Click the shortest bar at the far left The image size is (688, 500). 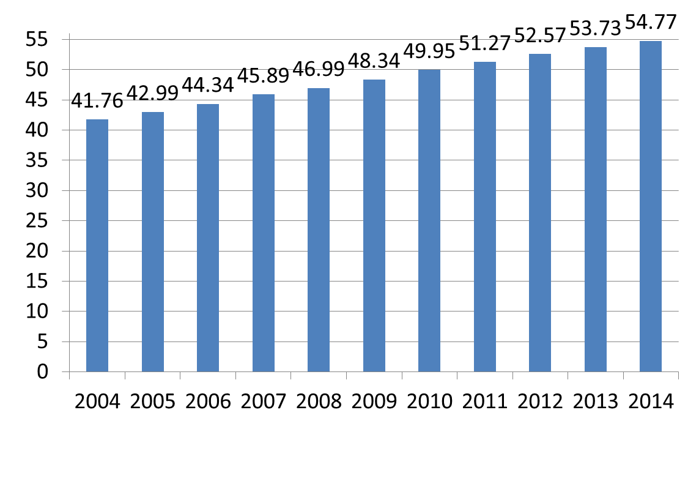tap(97, 245)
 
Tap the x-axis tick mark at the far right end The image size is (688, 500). tap(678, 375)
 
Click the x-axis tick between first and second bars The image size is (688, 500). tap(125, 375)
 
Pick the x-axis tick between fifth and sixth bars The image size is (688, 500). tap(346, 375)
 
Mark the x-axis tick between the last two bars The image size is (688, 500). tap(623, 375)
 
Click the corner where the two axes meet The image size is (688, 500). tap(69, 371)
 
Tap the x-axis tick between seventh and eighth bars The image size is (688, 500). tap(457, 375)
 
